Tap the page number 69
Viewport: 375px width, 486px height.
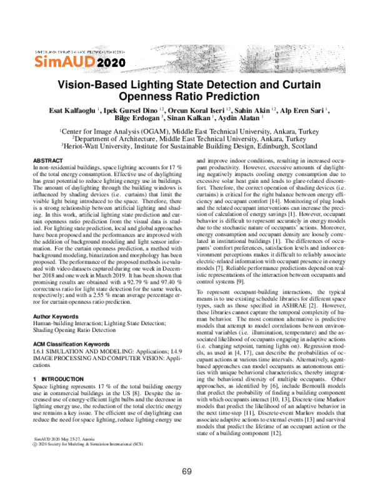[x=187, y=472]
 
